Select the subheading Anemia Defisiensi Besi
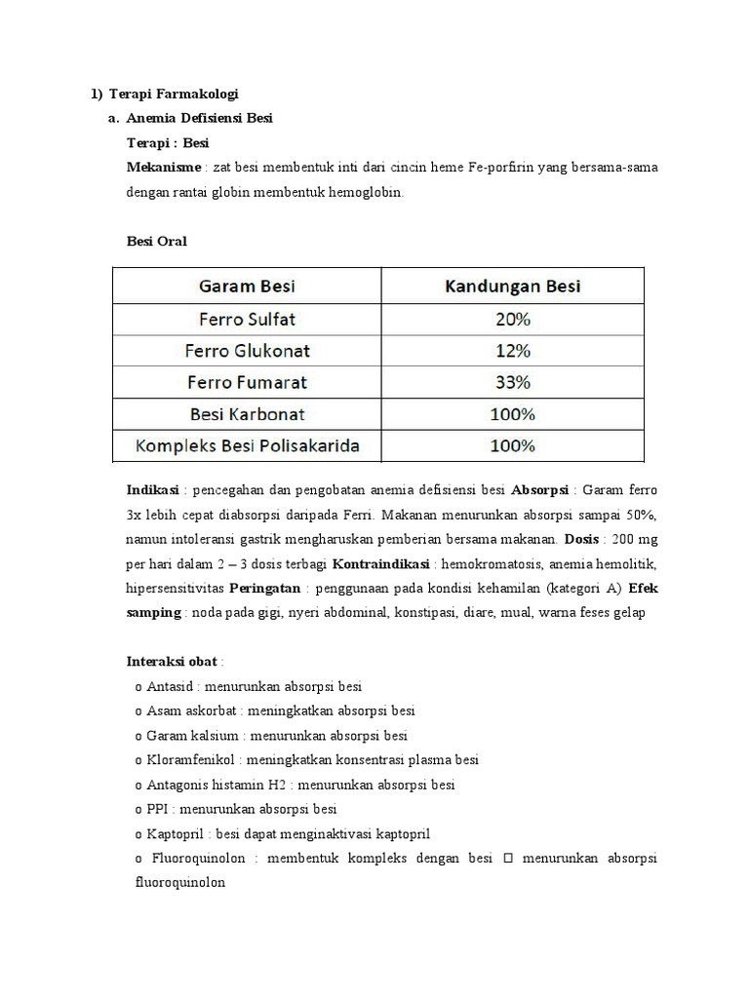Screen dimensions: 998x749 200,118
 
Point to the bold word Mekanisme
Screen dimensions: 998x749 164,168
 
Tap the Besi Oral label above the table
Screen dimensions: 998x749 157,241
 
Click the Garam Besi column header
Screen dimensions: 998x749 247,286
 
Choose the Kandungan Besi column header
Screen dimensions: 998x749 512,286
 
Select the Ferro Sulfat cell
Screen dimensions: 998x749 247,319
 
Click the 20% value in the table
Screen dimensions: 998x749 512,319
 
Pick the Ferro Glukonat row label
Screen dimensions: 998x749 247,350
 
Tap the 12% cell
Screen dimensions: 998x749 512,350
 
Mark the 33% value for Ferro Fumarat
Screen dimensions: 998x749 512,382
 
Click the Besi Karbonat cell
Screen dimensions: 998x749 247,413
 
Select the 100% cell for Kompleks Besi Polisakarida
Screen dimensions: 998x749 512,445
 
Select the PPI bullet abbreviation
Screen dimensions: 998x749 157,809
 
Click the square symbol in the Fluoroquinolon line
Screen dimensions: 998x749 508,859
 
